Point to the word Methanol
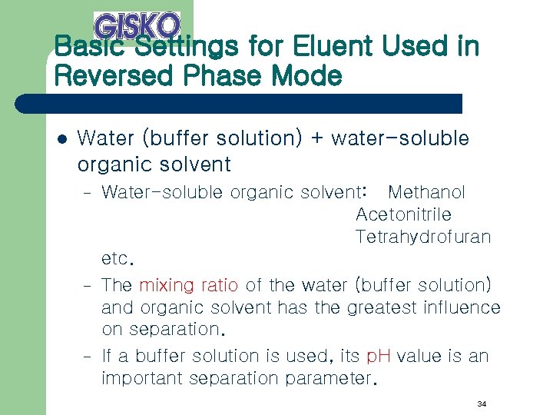[426, 192]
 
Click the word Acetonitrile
[403, 214]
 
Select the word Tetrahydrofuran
[422, 237]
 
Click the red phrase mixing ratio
[189, 285]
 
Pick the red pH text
[379, 356]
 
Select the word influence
[462, 307]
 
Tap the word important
[139, 378]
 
